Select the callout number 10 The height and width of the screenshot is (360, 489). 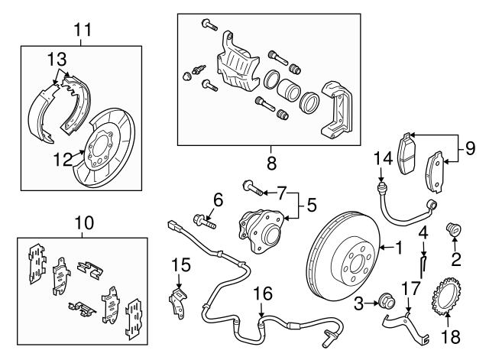[x=83, y=223]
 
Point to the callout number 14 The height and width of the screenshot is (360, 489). [x=381, y=159]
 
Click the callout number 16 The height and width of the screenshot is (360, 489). [x=262, y=294]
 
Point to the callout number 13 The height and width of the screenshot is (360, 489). [x=57, y=58]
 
